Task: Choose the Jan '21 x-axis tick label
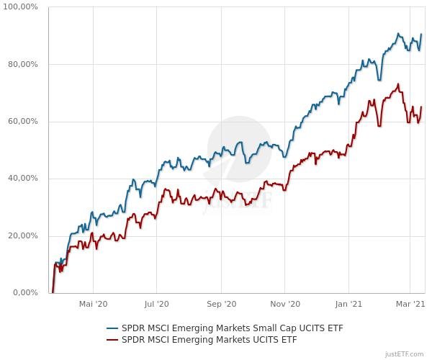[x=348, y=304]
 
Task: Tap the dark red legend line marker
[x=112, y=340]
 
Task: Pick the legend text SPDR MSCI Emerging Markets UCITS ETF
[x=210, y=340]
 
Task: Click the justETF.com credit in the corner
[x=405, y=354]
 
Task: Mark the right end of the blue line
[x=421, y=35]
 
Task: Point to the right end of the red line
[x=421, y=107]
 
